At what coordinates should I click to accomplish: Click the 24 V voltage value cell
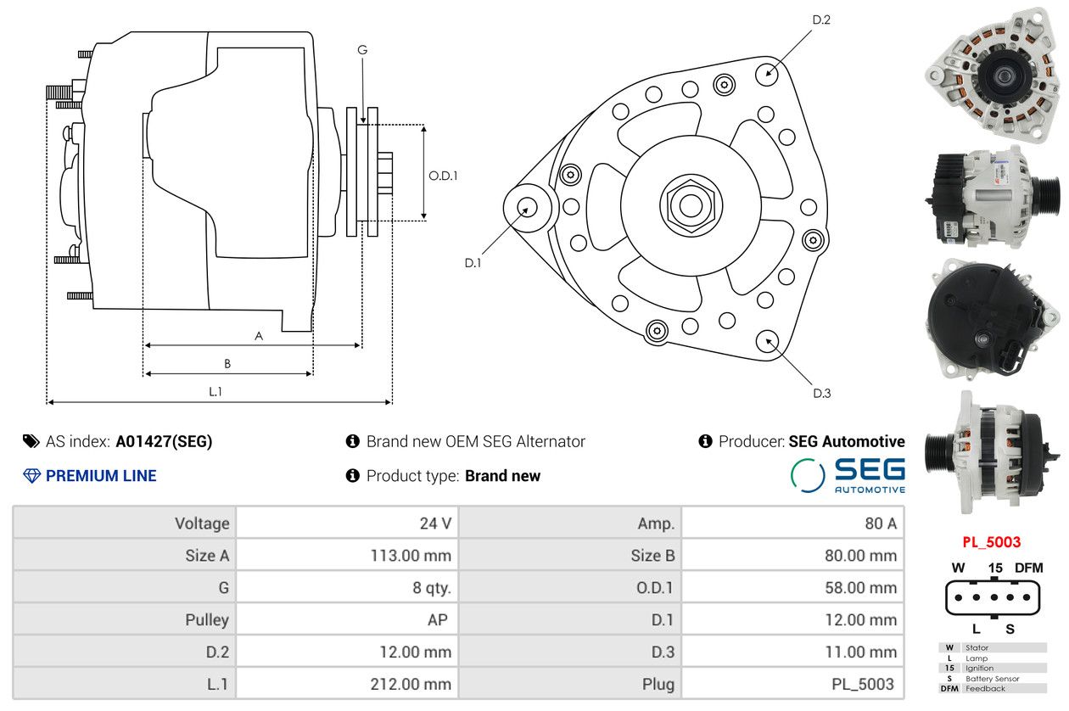coord(435,523)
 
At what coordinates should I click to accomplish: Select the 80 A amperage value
coord(880,523)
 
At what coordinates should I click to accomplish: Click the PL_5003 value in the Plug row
coord(862,684)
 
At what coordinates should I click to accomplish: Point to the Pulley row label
coord(207,620)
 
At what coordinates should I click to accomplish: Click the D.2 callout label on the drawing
coord(820,20)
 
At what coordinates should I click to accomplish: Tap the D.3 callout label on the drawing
coord(821,393)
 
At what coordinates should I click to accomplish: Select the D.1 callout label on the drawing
coord(473,263)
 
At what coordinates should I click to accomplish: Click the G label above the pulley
coord(362,50)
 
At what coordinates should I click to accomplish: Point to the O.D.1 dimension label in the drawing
coord(443,176)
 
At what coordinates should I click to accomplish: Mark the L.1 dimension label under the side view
coord(215,391)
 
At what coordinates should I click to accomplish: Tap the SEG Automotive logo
coord(848,475)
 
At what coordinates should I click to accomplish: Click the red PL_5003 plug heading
coord(991,541)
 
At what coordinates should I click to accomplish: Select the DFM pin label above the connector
coord(1028,568)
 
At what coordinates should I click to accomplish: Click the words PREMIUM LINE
coord(101,476)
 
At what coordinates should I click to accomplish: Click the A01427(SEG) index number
coord(164,441)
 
